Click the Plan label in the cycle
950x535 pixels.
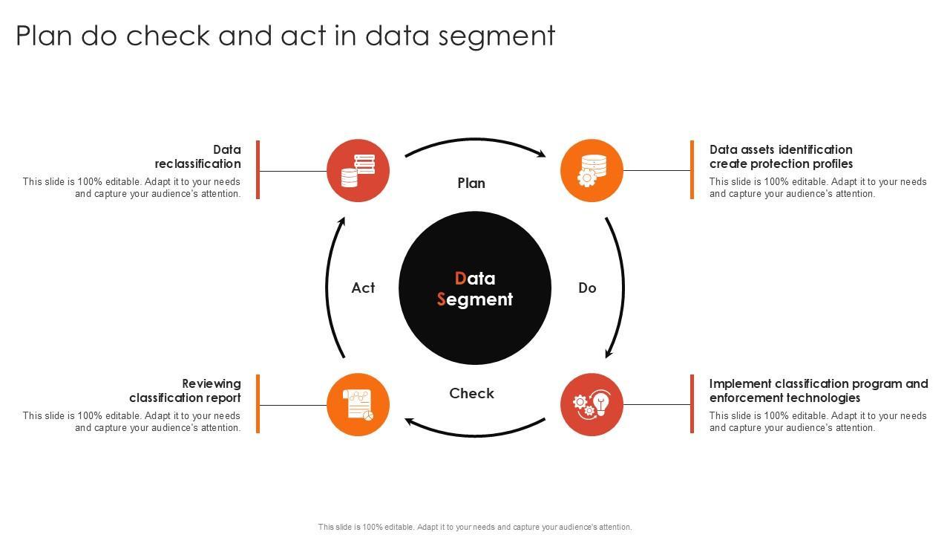[471, 184]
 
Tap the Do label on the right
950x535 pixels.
[587, 288]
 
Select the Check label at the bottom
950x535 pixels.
[471, 394]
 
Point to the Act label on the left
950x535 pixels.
[363, 288]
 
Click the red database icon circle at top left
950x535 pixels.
[358, 171]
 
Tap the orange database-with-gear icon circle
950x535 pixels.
[592, 171]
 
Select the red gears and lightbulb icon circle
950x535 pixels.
[592, 405]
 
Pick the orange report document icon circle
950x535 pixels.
[358, 405]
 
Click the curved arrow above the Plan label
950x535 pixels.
[475, 140]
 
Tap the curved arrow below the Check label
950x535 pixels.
[475, 433]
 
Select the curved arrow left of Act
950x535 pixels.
[328, 288]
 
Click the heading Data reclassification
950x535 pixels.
[198, 157]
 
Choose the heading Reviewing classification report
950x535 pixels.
[186, 391]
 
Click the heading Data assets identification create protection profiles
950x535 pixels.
[781, 157]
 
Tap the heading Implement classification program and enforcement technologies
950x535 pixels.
[818, 391]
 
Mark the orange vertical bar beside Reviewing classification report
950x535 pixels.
[258, 403]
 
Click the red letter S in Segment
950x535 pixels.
[442, 299]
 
